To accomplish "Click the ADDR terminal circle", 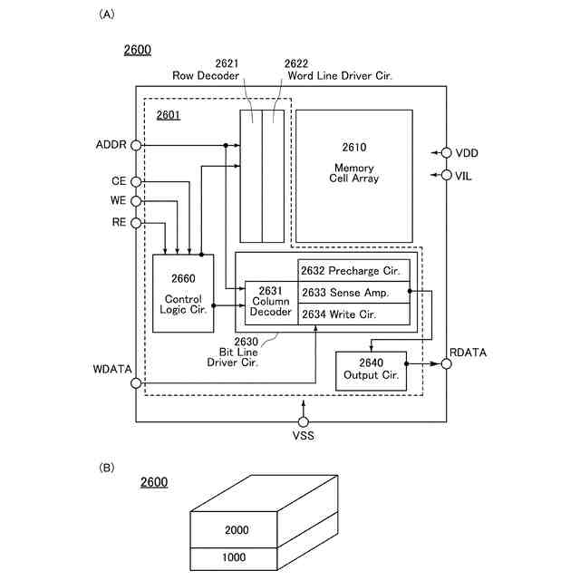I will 136,145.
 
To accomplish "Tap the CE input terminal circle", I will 136,182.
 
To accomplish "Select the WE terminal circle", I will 136,201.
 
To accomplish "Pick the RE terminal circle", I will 136,222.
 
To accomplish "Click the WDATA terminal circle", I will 136,383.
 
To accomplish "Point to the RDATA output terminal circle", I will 447,364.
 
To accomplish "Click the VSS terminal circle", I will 304,422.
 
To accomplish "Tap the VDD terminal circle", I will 447,152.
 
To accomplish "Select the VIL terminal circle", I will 447,175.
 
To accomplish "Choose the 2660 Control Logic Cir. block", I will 183,293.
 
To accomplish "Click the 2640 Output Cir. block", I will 371,371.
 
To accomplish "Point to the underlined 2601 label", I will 169,115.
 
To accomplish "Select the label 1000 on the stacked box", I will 234,557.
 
